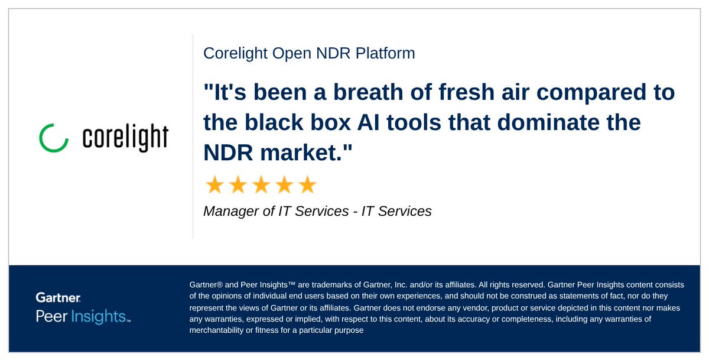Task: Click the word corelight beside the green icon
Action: pyautogui.click(x=125, y=137)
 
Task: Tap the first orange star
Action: pyautogui.click(x=214, y=186)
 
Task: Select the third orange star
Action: pyautogui.click(x=261, y=186)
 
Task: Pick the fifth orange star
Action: pyautogui.click(x=307, y=186)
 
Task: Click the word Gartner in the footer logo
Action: pyautogui.click(x=58, y=297)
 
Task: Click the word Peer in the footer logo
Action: pyautogui.click(x=51, y=316)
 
